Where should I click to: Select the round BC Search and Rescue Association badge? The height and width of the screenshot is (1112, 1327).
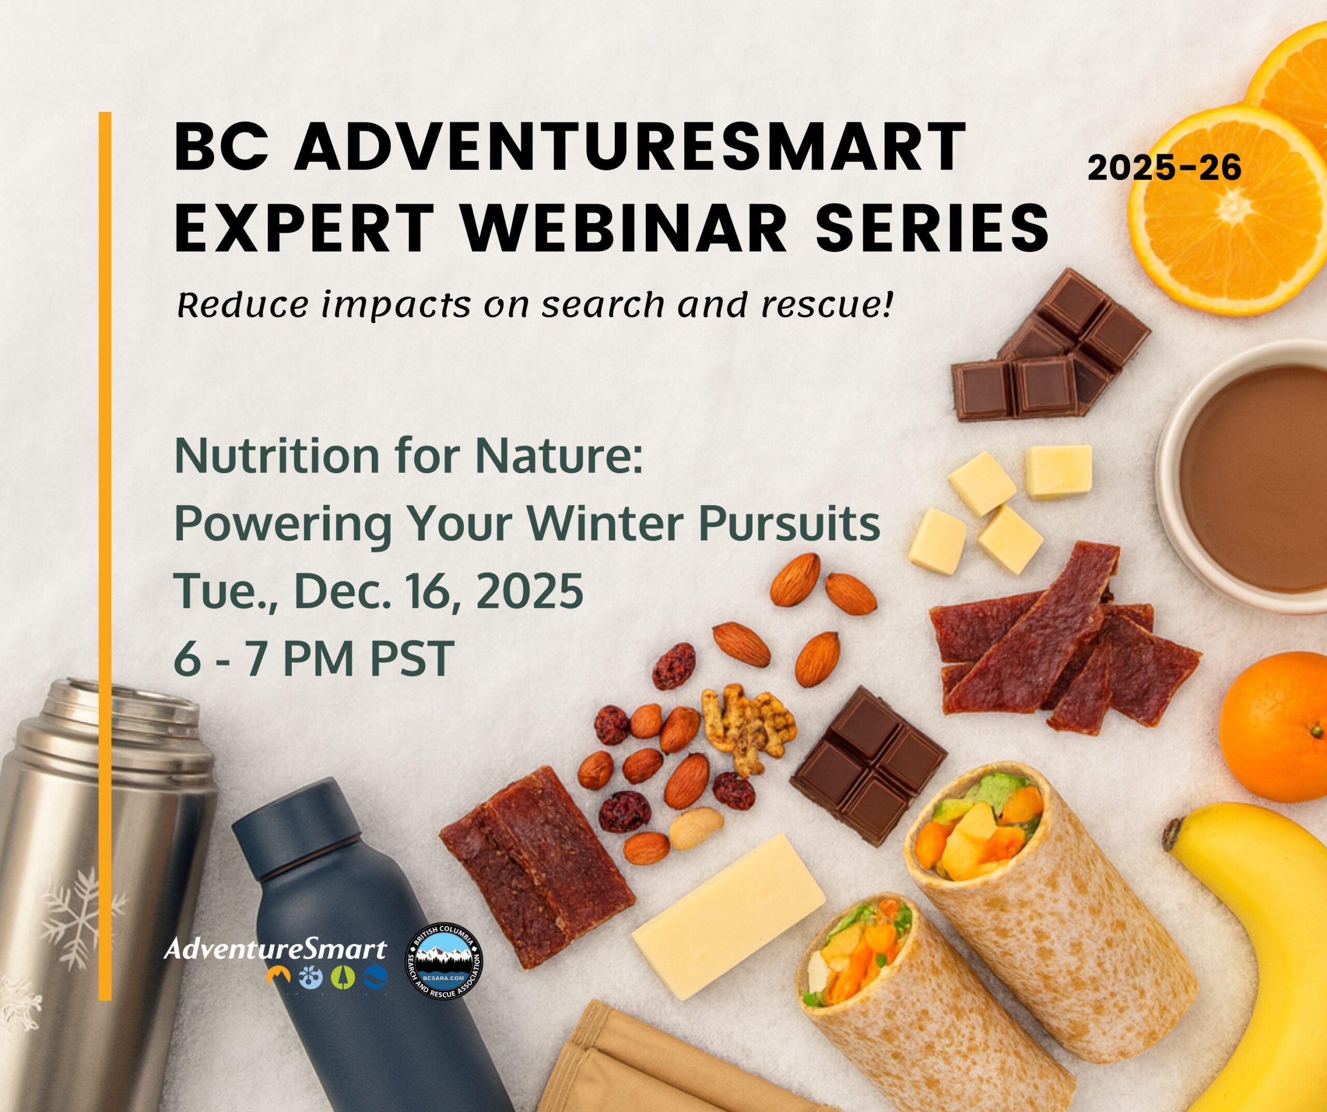[x=444, y=962]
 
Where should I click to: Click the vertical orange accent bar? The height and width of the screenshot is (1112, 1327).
[x=105, y=556]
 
